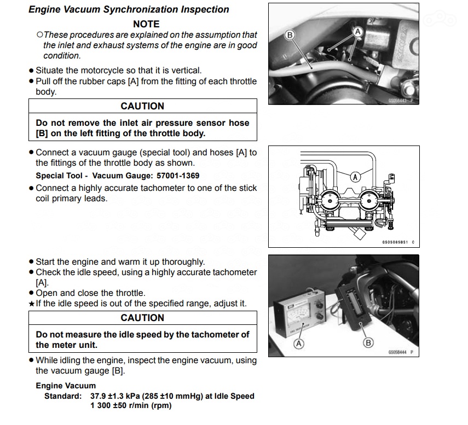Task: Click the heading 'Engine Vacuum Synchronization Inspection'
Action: pos(129,9)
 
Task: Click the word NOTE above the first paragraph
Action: pos(146,24)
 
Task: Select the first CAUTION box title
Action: pos(142,106)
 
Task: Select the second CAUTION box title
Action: pos(142,318)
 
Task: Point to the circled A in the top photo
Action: pos(359,32)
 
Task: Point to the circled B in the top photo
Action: pos(291,34)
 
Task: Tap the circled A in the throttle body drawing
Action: pos(355,177)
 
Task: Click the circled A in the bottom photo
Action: pos(299,344)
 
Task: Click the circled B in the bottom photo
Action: pos(368,343)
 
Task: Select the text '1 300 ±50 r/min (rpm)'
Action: pos(131,405)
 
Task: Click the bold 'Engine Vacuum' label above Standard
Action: pos(66,386)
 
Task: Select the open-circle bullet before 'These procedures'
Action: pos(39,34)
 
